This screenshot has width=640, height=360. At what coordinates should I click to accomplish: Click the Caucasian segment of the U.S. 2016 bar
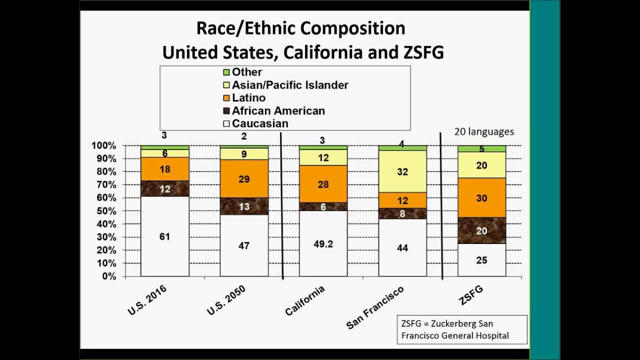point(164,236)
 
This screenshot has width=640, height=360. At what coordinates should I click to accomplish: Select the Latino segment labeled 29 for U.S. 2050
point(244,178)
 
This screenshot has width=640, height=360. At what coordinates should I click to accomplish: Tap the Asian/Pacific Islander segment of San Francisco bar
point(402,171)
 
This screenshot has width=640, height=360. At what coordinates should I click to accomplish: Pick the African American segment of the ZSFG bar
point(482,230)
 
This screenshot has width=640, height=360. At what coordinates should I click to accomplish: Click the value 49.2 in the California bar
point(323,244)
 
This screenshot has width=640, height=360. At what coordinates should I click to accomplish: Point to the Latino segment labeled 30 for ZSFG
point(482,198)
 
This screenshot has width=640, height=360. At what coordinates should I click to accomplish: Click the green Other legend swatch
point(226,72)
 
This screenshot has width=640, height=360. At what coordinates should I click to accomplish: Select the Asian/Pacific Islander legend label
point(289,85)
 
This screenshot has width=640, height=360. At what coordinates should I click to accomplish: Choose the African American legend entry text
point(278,110)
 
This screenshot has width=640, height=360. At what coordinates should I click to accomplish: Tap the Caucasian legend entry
point(259,123)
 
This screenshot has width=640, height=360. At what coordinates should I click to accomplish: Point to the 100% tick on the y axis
point(103,145)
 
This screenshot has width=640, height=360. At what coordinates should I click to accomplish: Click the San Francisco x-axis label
point(374,308)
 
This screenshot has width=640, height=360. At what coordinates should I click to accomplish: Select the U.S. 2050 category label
point(226,300)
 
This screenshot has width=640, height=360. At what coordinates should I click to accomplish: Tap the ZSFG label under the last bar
point(471,295)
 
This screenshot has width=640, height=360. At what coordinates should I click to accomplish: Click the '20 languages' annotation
point(483,131)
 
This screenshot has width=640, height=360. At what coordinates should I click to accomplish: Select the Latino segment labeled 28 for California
point(323,184)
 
